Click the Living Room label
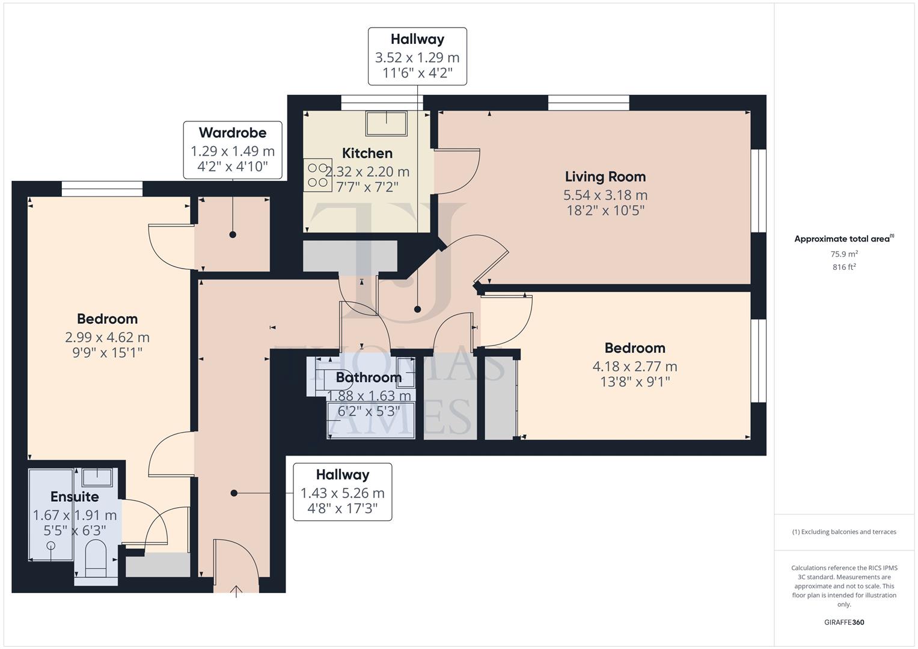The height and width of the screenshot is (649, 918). (x=605, y=177)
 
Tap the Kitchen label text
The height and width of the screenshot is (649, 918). (x=367, y=153)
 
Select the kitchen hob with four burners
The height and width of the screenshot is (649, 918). (x=317, y=174)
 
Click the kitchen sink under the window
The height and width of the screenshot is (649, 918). (x=385, y=123)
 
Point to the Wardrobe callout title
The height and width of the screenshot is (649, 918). (x=232, y=133)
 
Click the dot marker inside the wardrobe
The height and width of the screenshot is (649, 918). (x=233, y=234)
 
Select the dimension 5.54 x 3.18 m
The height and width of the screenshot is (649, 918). (x=605, y=195)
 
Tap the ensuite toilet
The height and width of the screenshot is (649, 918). (x=96, y=558)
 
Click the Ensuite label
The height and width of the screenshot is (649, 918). (x=75, y=497)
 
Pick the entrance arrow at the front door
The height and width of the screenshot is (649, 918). (x=236, y=591)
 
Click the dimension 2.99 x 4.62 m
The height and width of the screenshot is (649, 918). (x=107, y=337)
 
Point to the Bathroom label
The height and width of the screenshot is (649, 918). (x=369, y=377)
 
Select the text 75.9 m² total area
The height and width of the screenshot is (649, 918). (x=844, y=254)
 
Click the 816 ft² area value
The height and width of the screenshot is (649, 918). (x=844, y=267)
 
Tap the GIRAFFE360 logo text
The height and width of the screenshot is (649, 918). (x=844, y=622)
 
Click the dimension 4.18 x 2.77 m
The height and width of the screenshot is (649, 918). (x=635, y=366)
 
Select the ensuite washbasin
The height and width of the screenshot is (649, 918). (x=97, y=477)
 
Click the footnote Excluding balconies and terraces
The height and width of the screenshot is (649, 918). (x=844, y=532)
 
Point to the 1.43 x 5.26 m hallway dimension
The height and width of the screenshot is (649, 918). (x=342, y=493)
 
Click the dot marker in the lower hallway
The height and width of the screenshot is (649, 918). (x=234, y=493)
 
